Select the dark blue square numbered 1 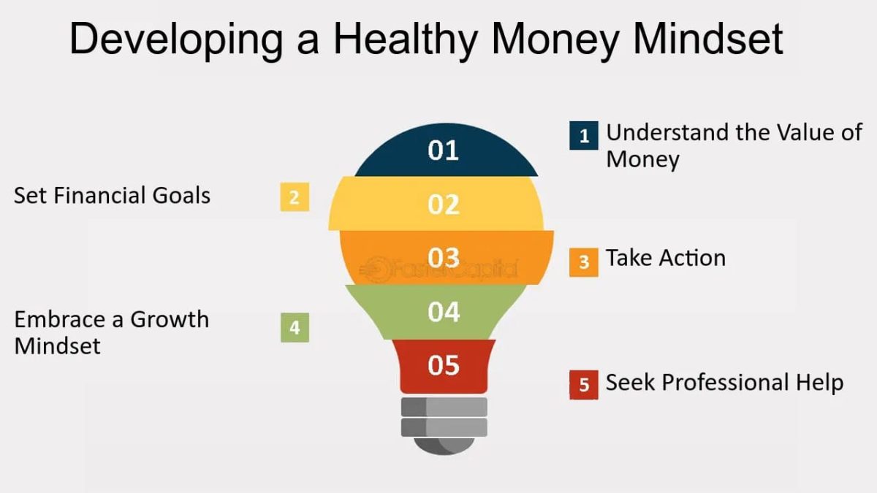click(583, 136)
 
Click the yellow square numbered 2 click(295, 197)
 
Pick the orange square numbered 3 click(583, 261)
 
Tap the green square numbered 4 click(295, 327)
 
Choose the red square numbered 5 click(583, 385)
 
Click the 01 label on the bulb click(443, 150)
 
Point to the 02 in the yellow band click(443, 205)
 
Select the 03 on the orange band click(443, 258)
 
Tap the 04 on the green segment click(443, 313)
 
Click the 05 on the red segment click(443, 364)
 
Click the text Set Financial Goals click(112, 196)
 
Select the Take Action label click(665, 258)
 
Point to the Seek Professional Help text click(724, 383)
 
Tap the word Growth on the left click(169, 320)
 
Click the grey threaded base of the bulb click(444, 416)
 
